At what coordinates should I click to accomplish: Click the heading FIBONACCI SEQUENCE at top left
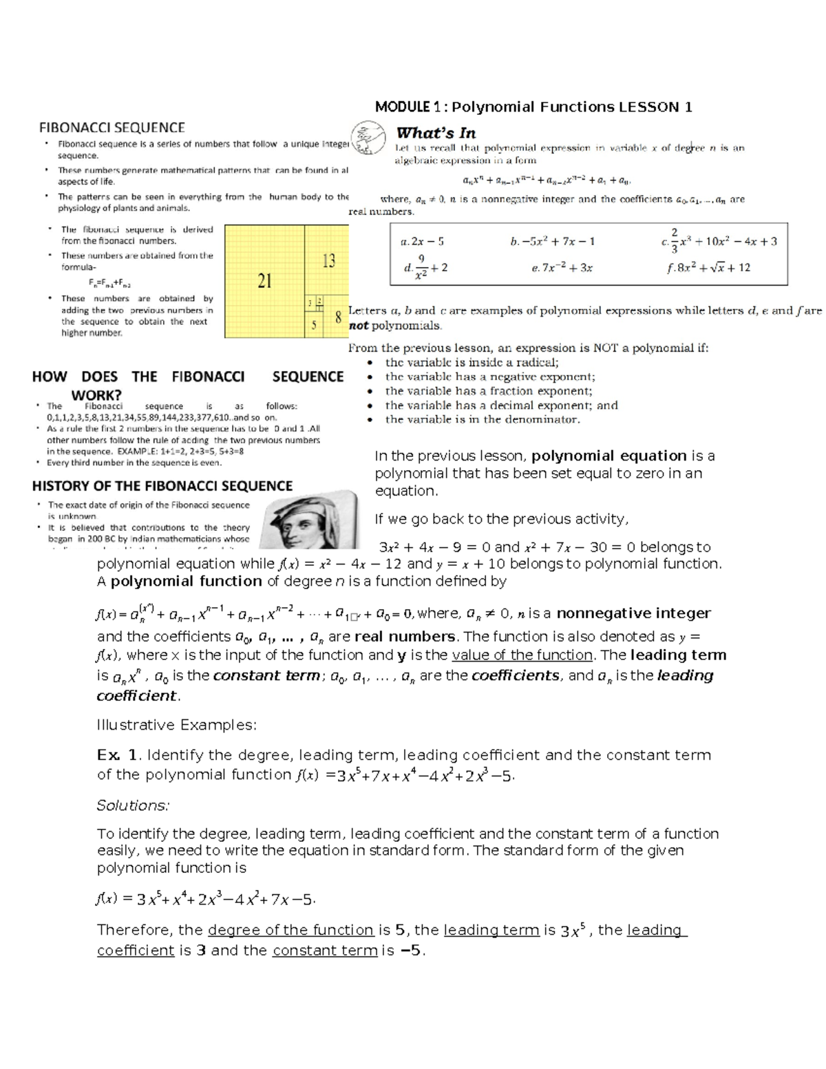click(112, 127)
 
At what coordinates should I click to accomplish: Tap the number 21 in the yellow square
click(264, 281)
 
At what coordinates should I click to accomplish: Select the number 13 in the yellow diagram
click(328, 261)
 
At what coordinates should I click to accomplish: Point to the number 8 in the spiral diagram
click(338, 318)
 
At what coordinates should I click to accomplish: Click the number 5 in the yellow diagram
click(314, 326)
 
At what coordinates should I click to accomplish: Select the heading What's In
click(436, 133)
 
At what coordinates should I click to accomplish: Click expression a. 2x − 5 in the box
click(422, 242)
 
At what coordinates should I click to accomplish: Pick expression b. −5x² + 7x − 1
click(552, 242)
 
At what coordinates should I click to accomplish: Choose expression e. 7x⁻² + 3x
click(562, 268)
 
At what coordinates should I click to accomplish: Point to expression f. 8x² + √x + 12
click(708, 268)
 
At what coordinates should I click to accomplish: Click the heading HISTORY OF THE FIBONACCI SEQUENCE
click(162, 486)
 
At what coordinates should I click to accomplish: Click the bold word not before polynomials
click(359, 326)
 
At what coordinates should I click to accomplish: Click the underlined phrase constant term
click(325, 951)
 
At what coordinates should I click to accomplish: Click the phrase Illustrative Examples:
click(177, 725)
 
